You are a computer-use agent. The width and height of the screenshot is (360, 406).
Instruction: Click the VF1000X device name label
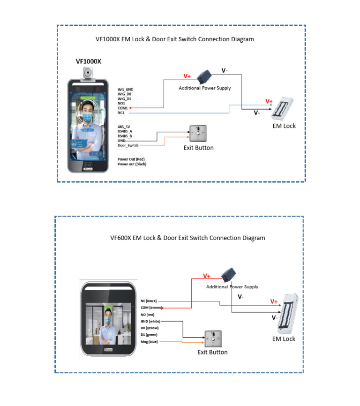(x=89, y=61)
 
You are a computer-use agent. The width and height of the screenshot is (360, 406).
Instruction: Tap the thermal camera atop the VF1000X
(x=89, y=72)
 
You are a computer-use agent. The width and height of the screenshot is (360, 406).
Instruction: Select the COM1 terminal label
(x=122, y=108)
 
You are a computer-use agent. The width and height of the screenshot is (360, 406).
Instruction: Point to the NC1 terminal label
(x=121, y=113)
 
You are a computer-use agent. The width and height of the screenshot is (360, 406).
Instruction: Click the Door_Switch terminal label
(x=128, y=145)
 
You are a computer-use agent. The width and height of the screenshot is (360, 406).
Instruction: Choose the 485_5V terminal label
(x=124, y=127)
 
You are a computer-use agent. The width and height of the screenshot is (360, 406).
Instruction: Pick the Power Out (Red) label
(x=131, y=159)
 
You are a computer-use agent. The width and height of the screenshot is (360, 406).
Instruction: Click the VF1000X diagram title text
(x=174, y=39)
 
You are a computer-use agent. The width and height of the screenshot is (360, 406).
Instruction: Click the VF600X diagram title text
(x=187, y=238)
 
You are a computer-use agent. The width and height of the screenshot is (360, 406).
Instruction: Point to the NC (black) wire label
(x=149, y=301)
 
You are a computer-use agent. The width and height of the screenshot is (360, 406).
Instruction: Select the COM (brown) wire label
(x=151, y=308)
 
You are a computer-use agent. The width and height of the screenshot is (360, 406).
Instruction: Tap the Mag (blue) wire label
(x=150, y=342)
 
